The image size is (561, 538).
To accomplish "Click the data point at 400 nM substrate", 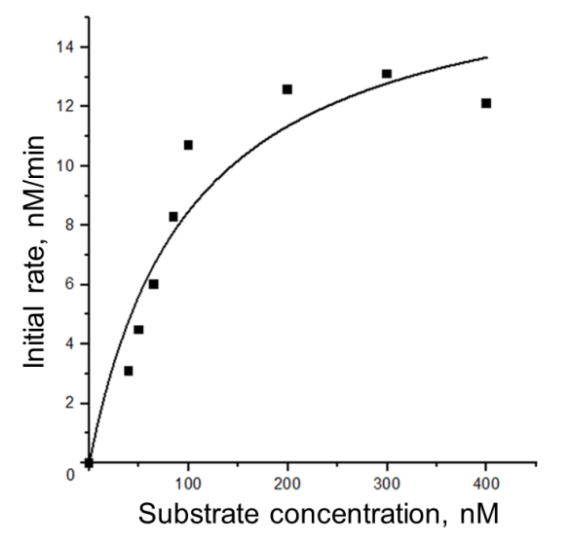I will (486, 103).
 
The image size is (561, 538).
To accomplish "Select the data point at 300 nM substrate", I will (387, 74).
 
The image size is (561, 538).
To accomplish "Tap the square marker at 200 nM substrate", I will (287, 89).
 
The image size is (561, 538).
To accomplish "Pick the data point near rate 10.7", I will (188, 145).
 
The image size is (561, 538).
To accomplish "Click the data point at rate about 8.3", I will (173, 217).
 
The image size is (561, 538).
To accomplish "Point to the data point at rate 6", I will (154, 285).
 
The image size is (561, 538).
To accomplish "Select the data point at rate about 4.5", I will (139, 330).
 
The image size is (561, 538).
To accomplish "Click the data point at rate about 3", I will (128, 371).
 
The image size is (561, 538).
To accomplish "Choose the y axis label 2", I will (70, 404).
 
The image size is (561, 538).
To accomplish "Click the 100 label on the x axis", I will (188, 484).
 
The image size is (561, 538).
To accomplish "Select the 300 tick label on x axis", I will (387, 484).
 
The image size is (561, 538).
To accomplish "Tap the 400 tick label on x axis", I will (486, 484).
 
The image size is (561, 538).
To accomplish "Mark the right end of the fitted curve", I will (487, 57).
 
